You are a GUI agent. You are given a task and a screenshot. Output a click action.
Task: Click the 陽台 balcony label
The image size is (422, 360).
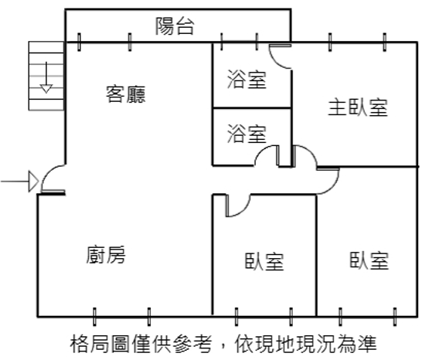pos(175,26)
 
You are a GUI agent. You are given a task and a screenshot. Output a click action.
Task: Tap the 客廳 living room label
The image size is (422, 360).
pos(126,94)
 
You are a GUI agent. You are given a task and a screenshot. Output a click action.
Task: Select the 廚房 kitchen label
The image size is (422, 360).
pos(106,254)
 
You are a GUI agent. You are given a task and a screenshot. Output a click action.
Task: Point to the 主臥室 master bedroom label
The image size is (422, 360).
pos(358,107)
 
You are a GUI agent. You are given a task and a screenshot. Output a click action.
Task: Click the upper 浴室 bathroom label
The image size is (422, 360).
pos(247,79)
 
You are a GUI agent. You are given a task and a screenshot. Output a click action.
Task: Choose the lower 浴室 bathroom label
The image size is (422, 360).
pos(247,134)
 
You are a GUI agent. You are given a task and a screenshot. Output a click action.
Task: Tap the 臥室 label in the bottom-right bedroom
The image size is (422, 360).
pos(369,260)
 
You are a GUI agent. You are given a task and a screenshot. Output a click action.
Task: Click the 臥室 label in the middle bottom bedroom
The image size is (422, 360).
pos(264,261)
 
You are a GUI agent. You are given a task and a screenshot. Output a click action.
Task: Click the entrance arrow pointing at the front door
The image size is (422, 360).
pos(19,182)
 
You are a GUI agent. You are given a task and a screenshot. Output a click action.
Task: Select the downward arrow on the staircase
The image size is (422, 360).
pos(46,77)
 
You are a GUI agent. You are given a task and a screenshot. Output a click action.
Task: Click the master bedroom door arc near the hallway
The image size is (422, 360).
pos(309,151)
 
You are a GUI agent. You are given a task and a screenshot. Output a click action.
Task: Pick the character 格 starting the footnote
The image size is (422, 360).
pos(79,344)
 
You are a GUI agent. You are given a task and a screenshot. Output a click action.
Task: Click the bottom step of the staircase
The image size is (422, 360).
pos(46,105)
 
